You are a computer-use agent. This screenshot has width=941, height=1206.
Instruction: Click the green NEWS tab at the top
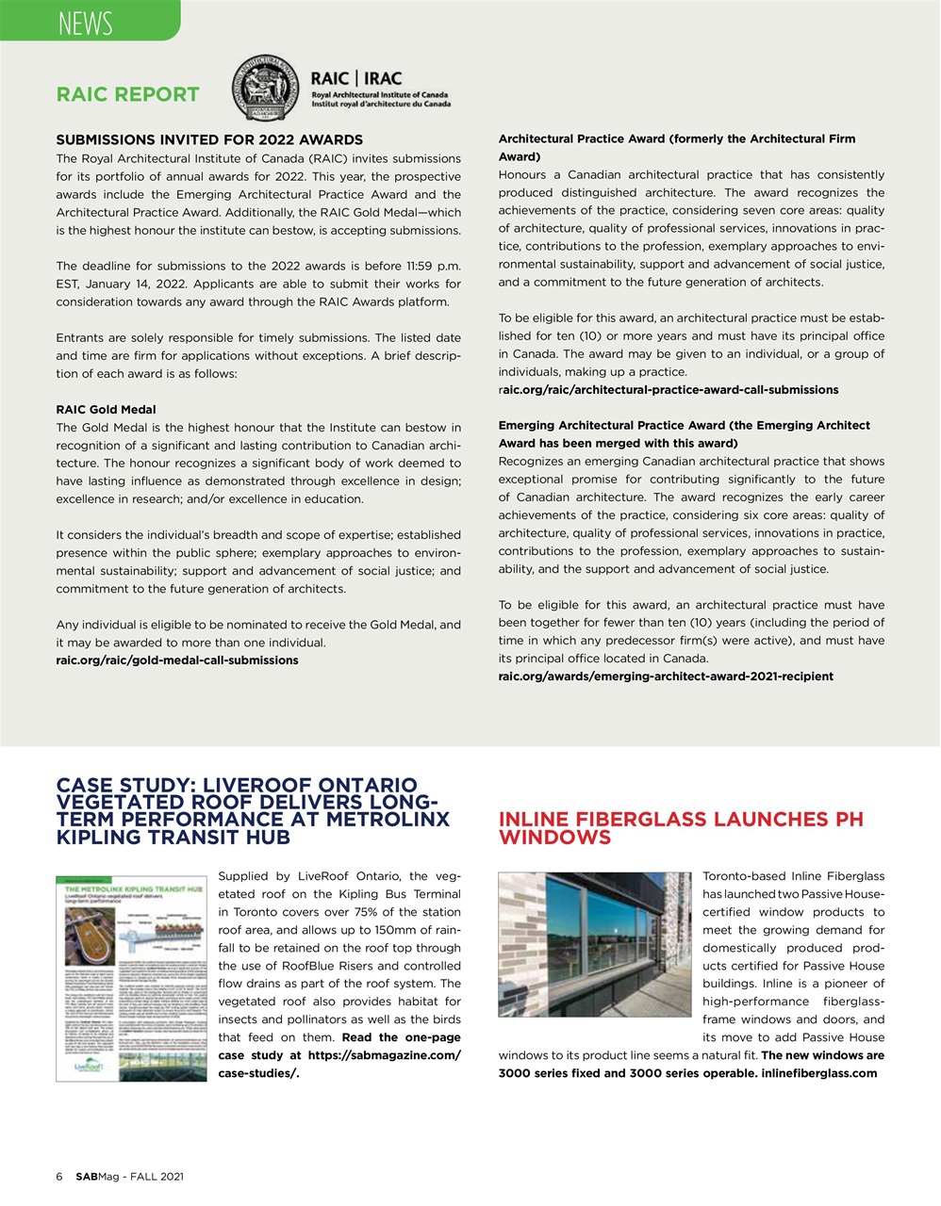pos(87,21)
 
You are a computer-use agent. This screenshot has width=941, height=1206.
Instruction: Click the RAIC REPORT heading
pos(128,94)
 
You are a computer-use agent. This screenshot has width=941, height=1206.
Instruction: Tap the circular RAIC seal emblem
pos(267,90)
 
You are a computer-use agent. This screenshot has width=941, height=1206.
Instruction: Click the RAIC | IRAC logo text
pos(355,79)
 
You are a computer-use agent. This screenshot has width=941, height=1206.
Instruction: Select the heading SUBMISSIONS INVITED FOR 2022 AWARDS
pos(209,139)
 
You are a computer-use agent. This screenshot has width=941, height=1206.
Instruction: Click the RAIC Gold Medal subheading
pos(106,409)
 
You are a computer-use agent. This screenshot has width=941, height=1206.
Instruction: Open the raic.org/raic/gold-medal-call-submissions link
pos(177,660)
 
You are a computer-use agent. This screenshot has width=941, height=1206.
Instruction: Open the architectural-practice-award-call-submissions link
pos(668,389)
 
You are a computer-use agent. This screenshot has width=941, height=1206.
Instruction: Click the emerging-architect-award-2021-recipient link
pos(665,676)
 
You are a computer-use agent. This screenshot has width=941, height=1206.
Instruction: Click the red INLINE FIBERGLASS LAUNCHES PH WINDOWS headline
pos(680,828)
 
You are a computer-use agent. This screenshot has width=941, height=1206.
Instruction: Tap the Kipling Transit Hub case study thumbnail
pos(131,977)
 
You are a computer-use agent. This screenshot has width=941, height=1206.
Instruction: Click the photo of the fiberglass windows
pos(594,943)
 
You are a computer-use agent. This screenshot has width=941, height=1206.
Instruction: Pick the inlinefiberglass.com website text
pos(818,1073)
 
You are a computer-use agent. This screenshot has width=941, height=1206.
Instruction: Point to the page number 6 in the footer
pos(59,1177)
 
